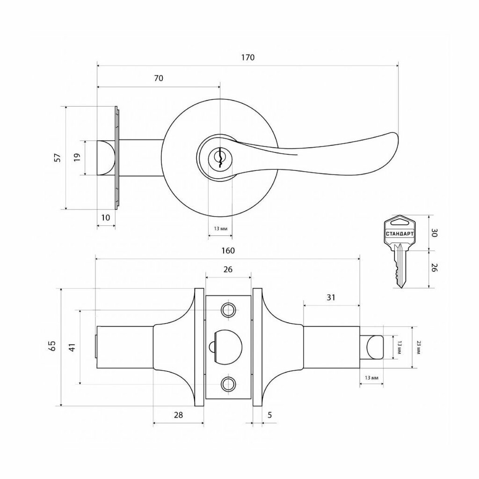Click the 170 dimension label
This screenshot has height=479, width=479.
coord(248,58)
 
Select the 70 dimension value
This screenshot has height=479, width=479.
coord(159,78)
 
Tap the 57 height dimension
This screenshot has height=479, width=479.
coord(58,158)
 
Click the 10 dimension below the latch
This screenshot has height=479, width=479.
coord(105,218)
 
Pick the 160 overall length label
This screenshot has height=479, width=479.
coord(228,251)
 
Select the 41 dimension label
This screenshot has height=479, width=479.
coord(72,348)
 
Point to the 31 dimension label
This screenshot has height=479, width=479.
coord(331,297)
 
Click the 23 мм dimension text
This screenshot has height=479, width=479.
coord(419,348)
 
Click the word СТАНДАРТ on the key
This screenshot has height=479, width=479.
coord(400,234)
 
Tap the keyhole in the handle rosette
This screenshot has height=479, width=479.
coord(219,158)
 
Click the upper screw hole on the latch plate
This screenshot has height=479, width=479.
coord(228,310)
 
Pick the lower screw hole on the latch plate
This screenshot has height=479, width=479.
coord(228,384)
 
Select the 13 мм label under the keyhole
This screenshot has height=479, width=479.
coord(220,228)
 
